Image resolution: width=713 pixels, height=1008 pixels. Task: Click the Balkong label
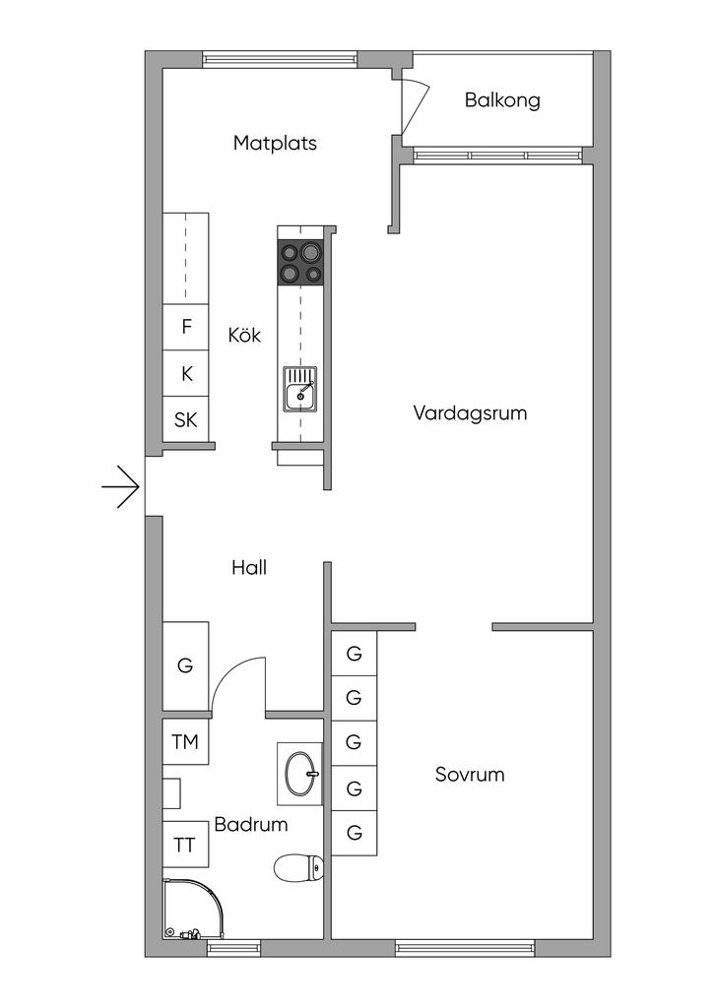click(502, 101)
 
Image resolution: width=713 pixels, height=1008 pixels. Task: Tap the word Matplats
click(275, 143)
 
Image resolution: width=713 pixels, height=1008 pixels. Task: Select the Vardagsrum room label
click(470, 412)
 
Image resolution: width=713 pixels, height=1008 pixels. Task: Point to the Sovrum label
click(470, 774)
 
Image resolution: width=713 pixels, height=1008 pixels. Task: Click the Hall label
click(249, 567)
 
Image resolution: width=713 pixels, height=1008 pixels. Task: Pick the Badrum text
click(251, 824)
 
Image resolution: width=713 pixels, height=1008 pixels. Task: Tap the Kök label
click(244, 335)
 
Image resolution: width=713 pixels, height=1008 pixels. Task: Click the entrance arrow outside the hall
click(120, 486)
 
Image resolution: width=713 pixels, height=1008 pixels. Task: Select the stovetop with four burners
click(300, 262)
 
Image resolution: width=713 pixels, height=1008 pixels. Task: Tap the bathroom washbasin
click(299, 774)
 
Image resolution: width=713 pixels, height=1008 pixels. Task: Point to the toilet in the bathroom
click(299, 868)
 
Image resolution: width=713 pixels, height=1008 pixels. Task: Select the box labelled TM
click(185, 742)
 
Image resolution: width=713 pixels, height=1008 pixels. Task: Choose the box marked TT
click(185, 844)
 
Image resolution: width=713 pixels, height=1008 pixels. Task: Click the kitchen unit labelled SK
click(186, 419)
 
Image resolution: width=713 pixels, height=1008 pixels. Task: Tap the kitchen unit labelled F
click(186, 327)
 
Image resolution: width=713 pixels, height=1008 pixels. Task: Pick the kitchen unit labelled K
click(186, 373)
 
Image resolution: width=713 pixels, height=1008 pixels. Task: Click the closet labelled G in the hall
click(185, 666)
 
